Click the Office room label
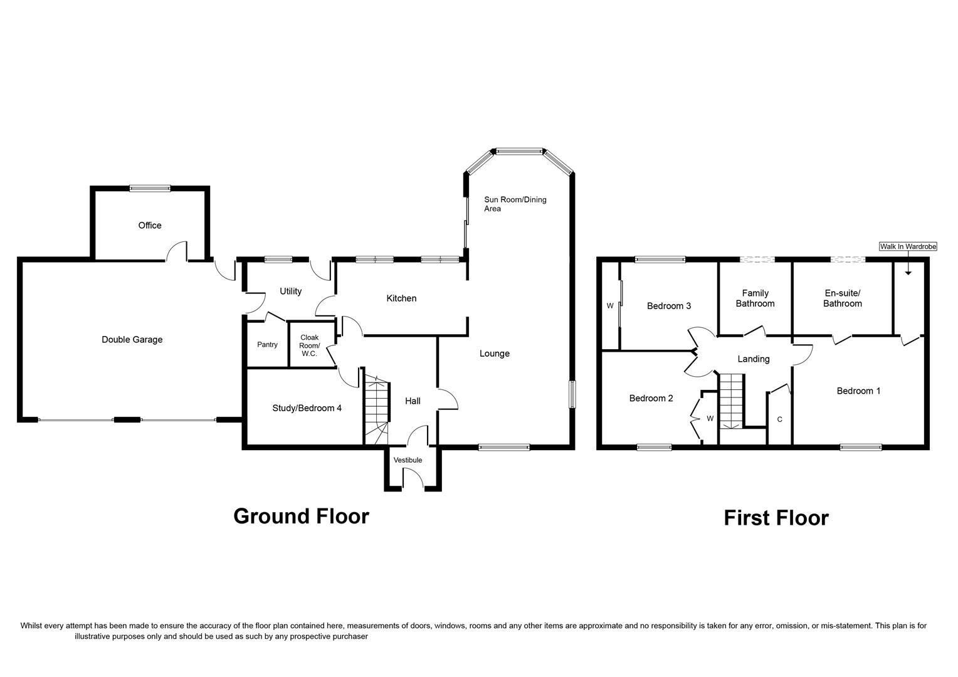150,225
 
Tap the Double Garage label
132,340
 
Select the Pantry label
267,344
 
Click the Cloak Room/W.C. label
309,345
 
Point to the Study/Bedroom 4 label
307,408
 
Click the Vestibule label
408,460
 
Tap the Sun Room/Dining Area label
515,204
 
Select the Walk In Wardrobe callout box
908,247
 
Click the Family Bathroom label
755,298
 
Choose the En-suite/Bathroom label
842,298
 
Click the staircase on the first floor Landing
730,401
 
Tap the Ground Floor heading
301,516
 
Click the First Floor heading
776,518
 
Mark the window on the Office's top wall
150,187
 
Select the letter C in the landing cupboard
779,419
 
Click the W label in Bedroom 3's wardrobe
609,306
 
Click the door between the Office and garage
177,252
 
